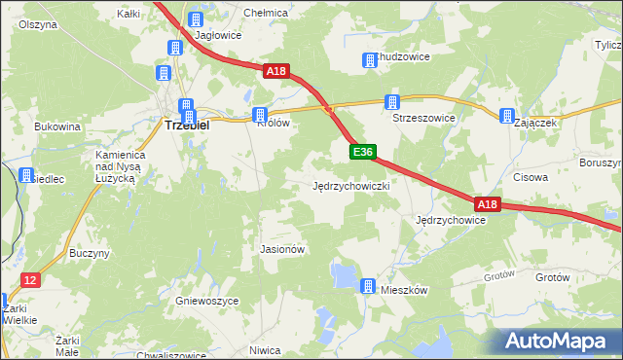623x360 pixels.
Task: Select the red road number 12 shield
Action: pos(30,280)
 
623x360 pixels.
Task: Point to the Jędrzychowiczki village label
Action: pos(351,185)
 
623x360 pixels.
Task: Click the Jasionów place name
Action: pos(283,249)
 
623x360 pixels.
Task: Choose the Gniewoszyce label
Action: pos(207,302)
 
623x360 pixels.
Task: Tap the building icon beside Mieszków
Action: pos(368,286)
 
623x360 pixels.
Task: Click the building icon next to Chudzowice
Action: pos(370,61)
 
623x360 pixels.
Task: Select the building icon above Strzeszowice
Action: pos(392,102)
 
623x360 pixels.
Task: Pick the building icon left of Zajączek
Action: pos(507,117)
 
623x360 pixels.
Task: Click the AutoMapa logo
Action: pos(556,341)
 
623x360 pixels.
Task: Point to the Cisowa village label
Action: pos(531,178)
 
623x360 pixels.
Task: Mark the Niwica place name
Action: pos(265,350)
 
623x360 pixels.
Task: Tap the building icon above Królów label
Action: pos(260,115)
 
